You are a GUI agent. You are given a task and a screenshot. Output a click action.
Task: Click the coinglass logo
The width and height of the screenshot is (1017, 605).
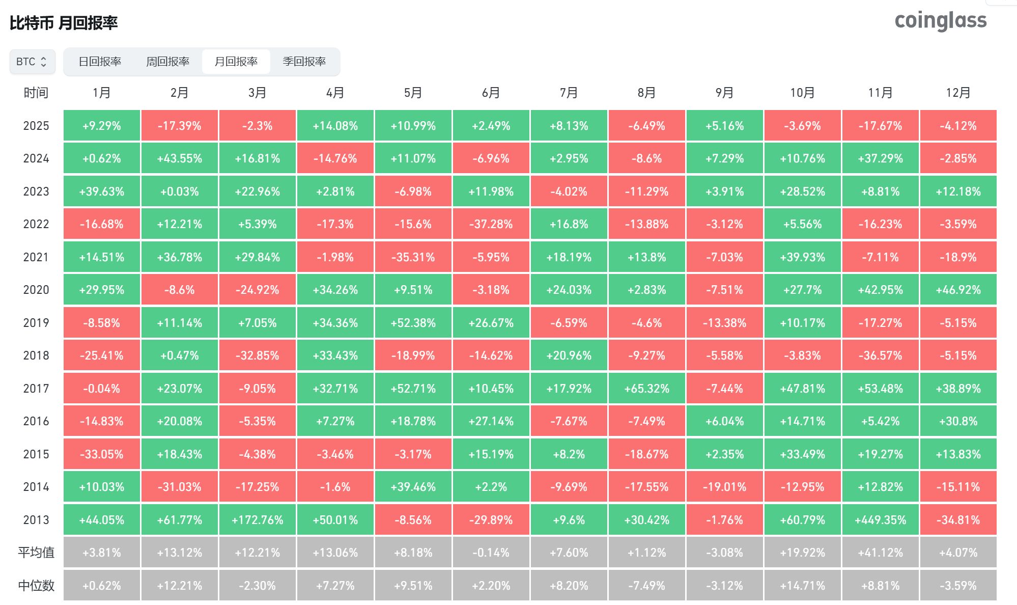(940, 21)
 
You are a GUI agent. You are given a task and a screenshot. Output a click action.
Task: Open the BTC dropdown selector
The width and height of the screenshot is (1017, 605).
(32, 62)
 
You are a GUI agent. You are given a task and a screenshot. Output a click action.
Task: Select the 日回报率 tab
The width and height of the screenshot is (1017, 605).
(100, 62)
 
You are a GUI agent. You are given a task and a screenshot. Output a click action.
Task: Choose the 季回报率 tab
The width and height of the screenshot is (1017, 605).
(304, 62)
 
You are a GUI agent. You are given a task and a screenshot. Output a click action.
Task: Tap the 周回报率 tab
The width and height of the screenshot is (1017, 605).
(167, 62)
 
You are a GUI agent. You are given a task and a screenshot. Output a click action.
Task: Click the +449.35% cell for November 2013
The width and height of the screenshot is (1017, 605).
(880, 520)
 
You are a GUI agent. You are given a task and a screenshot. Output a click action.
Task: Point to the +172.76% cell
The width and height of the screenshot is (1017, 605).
(257, 520)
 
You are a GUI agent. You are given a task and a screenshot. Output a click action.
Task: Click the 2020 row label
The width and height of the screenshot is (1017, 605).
(36, 290)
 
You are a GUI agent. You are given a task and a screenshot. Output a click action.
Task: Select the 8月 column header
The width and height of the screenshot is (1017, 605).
(646, 93)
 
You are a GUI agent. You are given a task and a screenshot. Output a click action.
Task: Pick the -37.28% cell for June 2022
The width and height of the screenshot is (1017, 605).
(491, 224)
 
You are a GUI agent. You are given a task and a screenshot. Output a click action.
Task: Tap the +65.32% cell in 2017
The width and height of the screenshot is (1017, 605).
(646, 389)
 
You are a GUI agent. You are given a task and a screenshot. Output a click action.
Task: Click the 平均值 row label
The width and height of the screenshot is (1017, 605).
(36, 553)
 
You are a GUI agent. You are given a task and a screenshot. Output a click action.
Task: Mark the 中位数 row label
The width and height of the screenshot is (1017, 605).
(36, 586)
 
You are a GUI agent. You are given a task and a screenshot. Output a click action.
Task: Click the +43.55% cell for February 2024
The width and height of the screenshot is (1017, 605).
(179, 158)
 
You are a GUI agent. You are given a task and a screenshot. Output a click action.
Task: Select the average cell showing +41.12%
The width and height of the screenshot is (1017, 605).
(880, 553)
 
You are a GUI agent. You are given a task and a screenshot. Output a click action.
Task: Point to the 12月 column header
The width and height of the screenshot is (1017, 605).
(958, 93)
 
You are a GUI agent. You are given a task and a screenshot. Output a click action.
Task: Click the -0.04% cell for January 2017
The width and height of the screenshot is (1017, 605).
(101, 389)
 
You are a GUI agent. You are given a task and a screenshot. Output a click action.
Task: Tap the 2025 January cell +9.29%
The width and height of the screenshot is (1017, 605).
(101, 126)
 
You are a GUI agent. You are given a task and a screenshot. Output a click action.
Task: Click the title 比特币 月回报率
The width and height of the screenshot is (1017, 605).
(64, 23)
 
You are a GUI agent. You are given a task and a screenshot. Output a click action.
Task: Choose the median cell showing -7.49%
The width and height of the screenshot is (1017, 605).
(646, 586)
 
